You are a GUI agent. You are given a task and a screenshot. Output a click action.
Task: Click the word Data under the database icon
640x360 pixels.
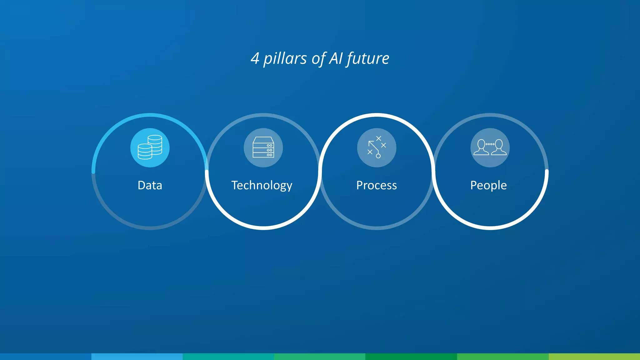tap(150, 185)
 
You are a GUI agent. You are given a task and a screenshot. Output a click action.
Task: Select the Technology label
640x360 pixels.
tap(262, 186)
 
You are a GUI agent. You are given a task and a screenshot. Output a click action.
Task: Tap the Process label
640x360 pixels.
tap(377, 185)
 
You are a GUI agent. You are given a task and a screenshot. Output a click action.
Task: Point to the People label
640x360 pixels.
tap(488, 186)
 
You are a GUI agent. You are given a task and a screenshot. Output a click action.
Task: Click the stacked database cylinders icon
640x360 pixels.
tap(150, 147)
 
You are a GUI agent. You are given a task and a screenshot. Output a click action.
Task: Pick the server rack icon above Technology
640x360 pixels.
tap(263, 147)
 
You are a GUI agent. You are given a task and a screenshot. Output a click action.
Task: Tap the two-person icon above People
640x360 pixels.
tap(490, 147)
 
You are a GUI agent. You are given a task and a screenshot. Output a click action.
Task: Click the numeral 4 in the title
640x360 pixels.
tap(255, 58)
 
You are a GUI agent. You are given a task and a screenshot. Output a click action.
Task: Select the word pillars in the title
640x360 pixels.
tap(285, 58)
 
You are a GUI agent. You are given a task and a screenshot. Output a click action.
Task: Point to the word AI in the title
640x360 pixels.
tap(336, 58)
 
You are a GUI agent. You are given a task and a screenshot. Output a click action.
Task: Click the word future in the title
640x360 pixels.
tap(368, 58)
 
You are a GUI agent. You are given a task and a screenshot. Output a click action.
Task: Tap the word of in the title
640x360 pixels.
tap(319, 58)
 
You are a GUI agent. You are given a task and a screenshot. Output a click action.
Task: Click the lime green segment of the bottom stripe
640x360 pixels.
tap(594, 357)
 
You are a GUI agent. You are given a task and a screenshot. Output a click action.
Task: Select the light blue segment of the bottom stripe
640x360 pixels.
tap(137, 357)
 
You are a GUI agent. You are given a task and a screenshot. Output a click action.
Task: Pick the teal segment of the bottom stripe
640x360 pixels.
tap(228, 357)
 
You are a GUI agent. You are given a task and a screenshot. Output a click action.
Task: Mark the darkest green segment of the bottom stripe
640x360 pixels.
tap(411, 357)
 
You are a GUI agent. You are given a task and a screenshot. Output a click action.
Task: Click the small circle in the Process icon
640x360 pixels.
tap(378, 156)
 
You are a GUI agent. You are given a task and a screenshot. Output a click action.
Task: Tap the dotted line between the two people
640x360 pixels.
tap(490, 144)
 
